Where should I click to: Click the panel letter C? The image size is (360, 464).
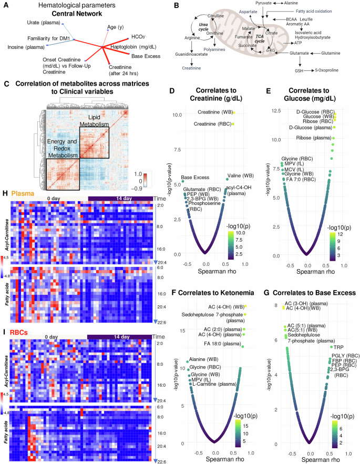(6, 84)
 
